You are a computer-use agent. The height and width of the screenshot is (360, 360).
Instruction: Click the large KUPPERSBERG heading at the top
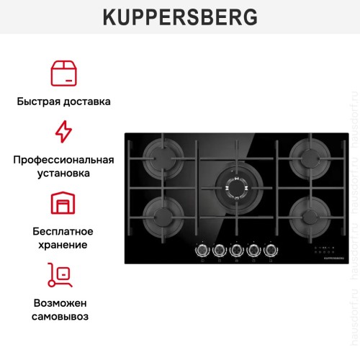(x=179, y=17)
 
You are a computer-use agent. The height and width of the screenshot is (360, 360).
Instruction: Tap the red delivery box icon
(x=63, y=73)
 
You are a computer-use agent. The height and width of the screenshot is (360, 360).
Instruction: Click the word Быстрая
(x=40, y=102)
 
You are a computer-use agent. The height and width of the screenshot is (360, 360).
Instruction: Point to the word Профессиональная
(x=63, y=159)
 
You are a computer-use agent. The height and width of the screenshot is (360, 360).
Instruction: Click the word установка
(x=63, y=174)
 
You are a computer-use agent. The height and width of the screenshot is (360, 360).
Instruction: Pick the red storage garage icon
(x=63, y=204)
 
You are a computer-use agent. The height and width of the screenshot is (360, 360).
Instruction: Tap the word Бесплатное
(x=63, y=230)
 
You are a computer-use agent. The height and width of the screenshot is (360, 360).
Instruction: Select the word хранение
(x=63, y=245)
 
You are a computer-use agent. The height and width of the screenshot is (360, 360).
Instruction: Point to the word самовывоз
(x=63, y=316)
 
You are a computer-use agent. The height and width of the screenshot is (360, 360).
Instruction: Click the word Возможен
(x=63, y=302)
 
